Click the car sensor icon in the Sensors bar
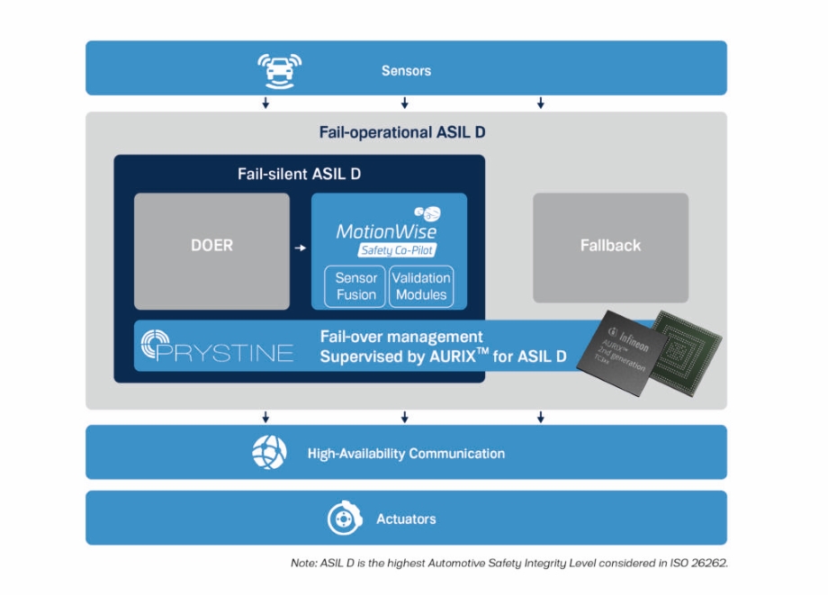tap(279, 68)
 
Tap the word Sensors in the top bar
tap(406, 70)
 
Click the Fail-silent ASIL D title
tap(299, 174)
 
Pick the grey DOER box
tap(211, 251)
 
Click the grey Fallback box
tap(610, 246)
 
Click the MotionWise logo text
tap(386, 231)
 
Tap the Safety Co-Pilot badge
tap(397, 251)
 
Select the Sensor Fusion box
tap(356, 286)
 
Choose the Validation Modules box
tap(420, 286)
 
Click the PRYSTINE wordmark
tap(224, 352)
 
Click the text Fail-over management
tap(401, 337)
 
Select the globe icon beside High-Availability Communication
tap(269, 452)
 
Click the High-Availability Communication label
tap(406, 454)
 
